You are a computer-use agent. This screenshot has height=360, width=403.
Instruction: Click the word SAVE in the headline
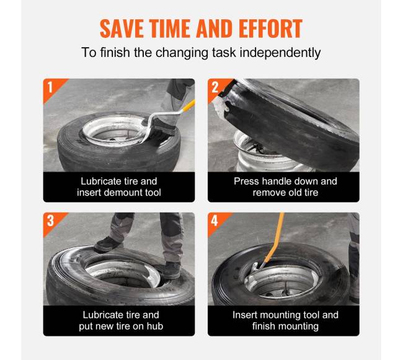[122, 29]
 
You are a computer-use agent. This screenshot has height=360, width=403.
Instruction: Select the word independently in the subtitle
[280, 53]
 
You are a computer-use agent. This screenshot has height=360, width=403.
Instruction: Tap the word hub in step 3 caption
[155, 327]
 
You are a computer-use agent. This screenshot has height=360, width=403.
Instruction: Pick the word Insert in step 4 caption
[244, 315]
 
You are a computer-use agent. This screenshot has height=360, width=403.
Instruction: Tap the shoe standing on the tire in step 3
[107, 244]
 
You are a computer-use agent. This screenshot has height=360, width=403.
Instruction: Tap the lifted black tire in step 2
[290, 123]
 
